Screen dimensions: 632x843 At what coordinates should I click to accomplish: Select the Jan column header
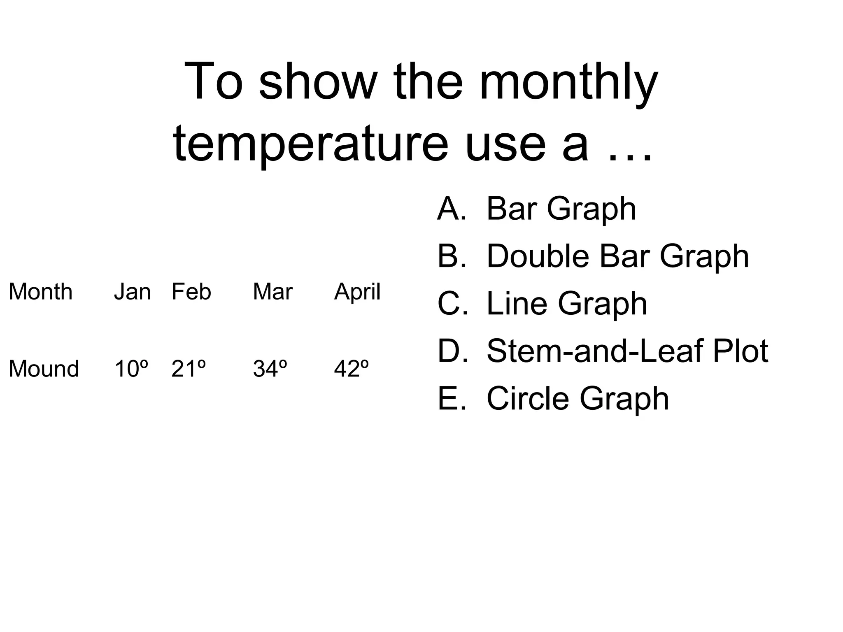coord(132,292)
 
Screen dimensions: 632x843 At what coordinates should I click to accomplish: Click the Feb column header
coord(191,292)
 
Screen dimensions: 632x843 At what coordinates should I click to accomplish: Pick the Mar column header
coord(272,292)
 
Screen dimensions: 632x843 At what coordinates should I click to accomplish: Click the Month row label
coord(40,292)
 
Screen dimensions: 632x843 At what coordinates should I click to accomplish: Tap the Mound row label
coord(44,369)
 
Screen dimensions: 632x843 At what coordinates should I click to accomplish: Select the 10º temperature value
coord(131,369)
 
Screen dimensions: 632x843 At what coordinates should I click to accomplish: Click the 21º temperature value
coord(188,369)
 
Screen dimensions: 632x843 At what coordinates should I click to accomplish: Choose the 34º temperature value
coord(270,369)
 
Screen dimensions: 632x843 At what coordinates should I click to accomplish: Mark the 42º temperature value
coord(351,369)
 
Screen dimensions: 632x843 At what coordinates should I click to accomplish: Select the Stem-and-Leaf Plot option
coord(627,351)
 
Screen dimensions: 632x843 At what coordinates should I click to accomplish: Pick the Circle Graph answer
coord(578,399)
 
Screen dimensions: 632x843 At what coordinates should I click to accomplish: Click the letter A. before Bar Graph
coord(452,209)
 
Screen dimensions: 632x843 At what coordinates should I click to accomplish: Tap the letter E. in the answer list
coord(452,399)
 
